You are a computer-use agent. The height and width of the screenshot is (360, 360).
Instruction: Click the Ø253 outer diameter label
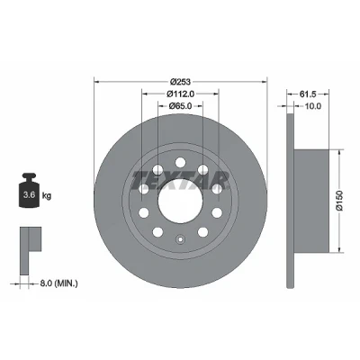tap(180, 81)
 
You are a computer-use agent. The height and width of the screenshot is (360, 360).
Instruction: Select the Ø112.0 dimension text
tap(180, 94)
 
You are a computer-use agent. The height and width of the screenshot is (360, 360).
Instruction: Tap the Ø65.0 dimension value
tap(180, 106)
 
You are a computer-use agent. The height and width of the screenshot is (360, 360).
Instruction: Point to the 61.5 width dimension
tap(308, 94)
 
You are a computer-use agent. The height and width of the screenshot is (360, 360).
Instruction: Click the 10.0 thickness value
tap(313, 106)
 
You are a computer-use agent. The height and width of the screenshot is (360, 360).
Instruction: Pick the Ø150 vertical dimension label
tap(339, 201)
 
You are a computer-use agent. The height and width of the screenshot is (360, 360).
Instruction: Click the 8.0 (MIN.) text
tap(58, 283)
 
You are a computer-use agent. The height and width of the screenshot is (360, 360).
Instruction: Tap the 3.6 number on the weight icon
tap(30, 195)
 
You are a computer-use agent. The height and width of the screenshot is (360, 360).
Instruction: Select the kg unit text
tap(47, 196)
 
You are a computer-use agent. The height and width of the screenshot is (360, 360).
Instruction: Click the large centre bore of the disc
tap(180, 201)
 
